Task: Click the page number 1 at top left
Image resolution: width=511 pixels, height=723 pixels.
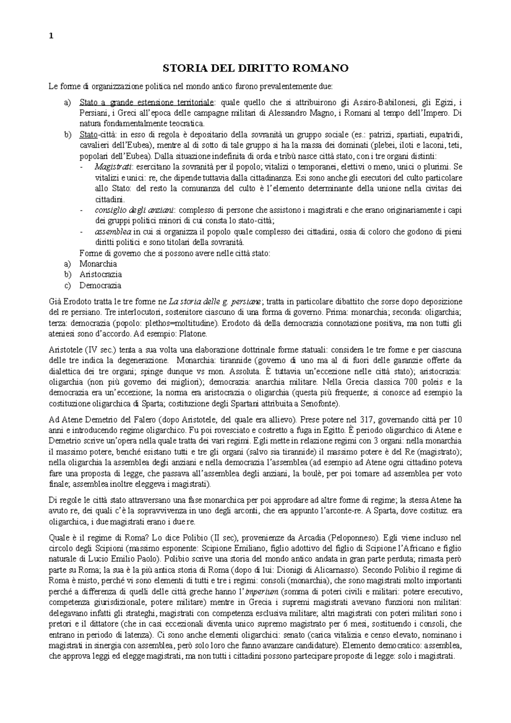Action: click(51, 36)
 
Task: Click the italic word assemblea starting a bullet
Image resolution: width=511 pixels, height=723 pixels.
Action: click(113, 232)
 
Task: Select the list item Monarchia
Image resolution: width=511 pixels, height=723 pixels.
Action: click(98, 264)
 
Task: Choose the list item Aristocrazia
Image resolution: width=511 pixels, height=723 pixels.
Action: click(100, 275)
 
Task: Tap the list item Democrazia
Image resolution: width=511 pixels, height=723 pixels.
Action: click(100, 285)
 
